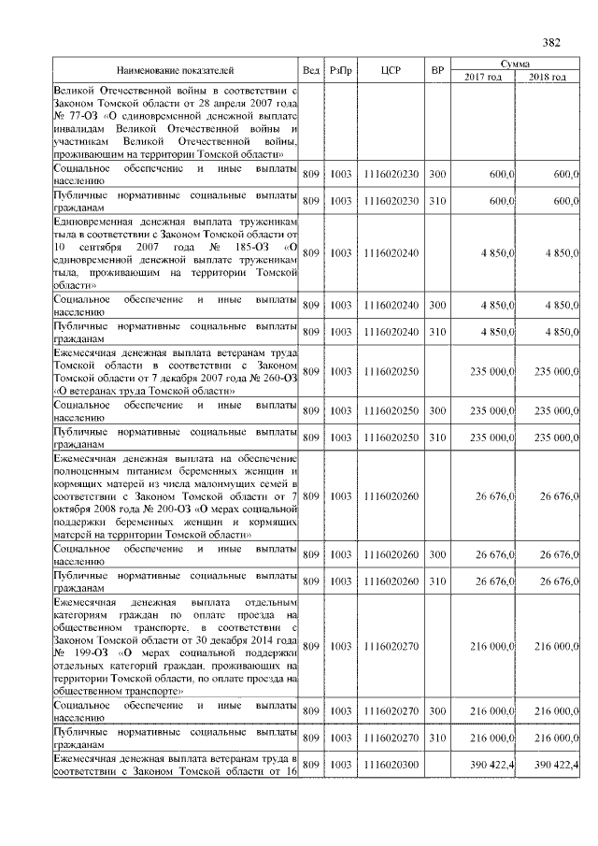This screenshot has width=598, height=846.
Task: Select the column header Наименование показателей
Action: tap(175, 71)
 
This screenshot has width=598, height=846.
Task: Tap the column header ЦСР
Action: tap(391, 71)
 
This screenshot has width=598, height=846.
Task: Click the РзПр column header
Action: tap(340, 71)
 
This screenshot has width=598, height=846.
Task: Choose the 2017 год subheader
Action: tap(482, 77)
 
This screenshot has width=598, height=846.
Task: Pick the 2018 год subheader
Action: tap(547, 77)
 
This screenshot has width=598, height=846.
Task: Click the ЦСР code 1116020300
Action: tap(391, 765)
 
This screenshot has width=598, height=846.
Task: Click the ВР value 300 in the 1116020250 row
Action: tap(437, 410)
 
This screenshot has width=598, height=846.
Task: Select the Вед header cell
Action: tap(311, 71)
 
